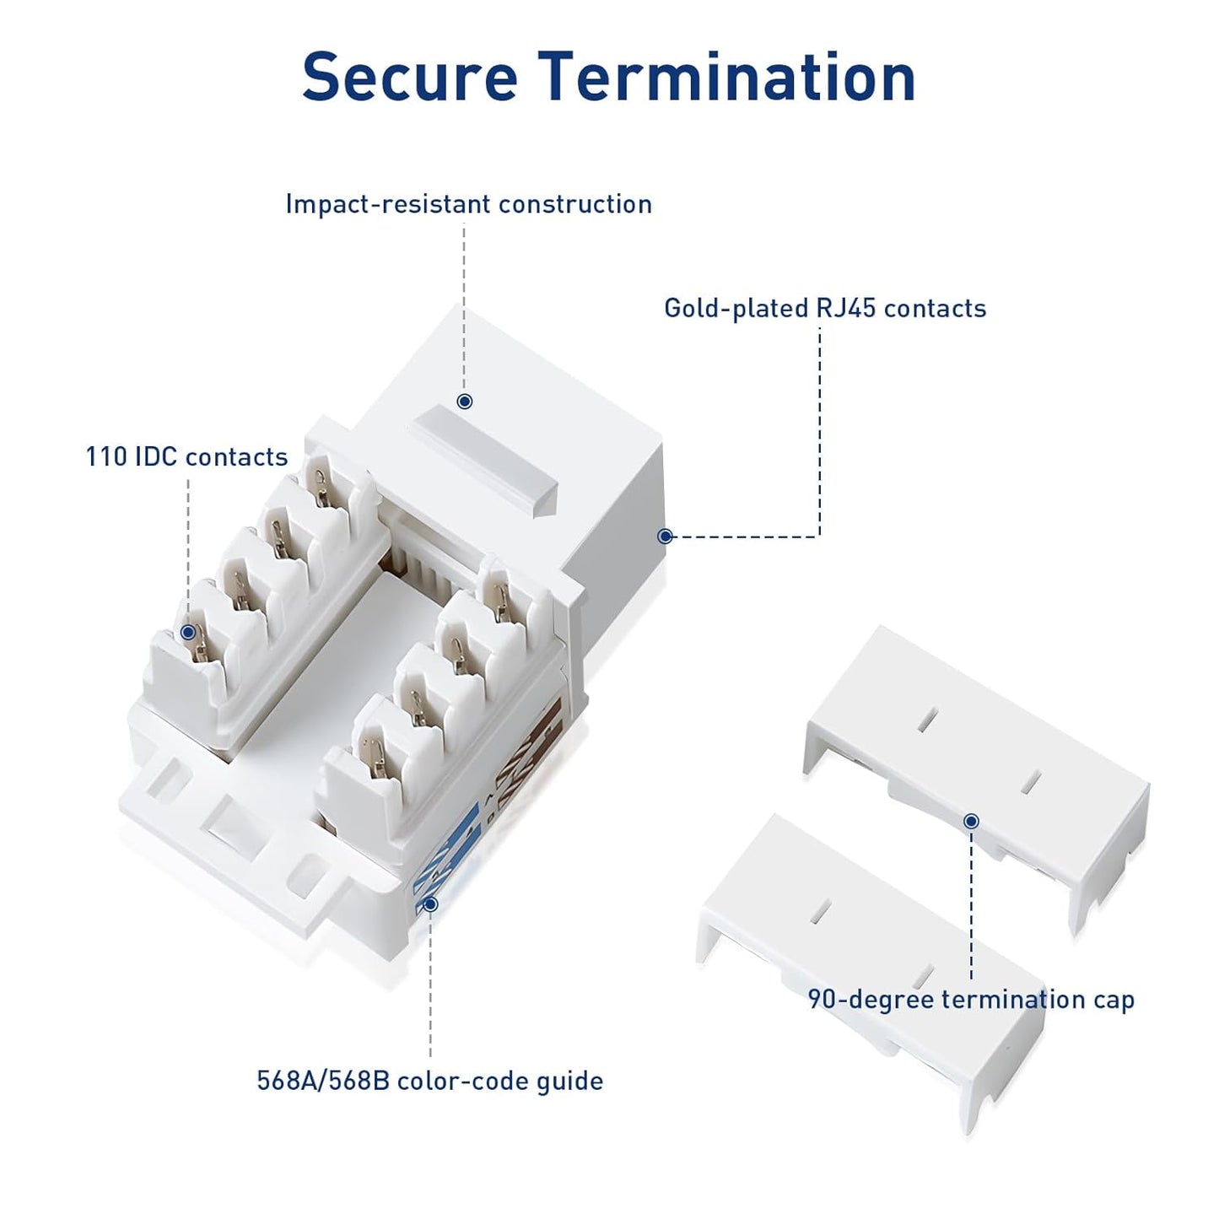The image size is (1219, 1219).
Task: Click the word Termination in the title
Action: click(x=727, y=77)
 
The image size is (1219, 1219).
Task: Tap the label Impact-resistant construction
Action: click(x=468, y=204)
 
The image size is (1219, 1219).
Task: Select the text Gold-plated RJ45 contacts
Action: click(x=824, y=308)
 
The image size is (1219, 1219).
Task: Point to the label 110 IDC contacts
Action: click(x=186, y=456)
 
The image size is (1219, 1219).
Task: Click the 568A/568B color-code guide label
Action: click(x=429, y=1081)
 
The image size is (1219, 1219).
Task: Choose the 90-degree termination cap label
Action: click(x=970, y=1000)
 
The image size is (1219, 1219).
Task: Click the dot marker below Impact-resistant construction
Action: click(x=464, y=402)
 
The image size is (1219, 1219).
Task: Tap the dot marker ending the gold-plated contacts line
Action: click(x=665, y=536)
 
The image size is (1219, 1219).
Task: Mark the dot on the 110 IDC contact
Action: click(x=188, y=632)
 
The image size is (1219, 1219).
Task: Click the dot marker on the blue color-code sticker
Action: click(x=430, y=904)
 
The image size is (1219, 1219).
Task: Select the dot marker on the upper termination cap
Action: click(x=971, y=821)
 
